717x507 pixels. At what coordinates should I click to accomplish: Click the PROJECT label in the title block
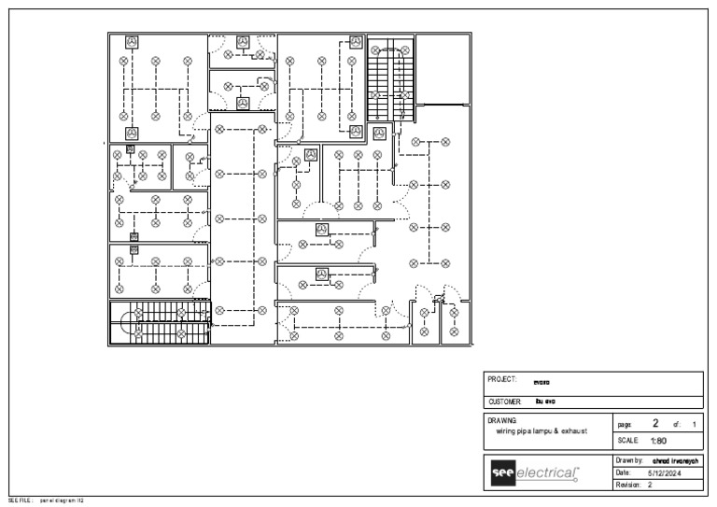click(x=501, y=380)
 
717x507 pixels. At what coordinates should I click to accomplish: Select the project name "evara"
click(x=541, y=382)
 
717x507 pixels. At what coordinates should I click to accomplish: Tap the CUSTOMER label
click(x=505, y=401)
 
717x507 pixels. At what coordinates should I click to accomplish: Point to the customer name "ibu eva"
click(x=545, y=401)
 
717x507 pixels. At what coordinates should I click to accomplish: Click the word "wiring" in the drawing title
click(x=511, y=431)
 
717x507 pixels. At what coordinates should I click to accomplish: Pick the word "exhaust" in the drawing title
click(x=572, y=431)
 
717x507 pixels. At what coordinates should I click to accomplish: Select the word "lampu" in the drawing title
click(x=544, y=431)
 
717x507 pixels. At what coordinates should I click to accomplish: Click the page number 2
click(x=655, y=423)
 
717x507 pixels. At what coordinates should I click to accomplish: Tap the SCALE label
click(x=627, y=441)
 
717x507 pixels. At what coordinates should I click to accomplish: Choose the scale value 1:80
click(x=658, y=441)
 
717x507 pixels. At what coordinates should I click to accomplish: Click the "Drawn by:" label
click(x=630, y=461)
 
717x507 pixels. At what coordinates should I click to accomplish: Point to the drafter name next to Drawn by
click(x=674, y=461)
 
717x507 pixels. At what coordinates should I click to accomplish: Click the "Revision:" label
click(x=630, y=486)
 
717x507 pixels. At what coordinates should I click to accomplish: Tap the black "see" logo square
click(x=501, y=473)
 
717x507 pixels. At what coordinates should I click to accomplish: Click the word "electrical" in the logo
click(x=546, y=473)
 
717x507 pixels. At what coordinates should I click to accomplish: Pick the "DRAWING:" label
click(x=502, y=421)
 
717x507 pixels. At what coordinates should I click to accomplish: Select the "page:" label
click(x=625, y=424)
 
